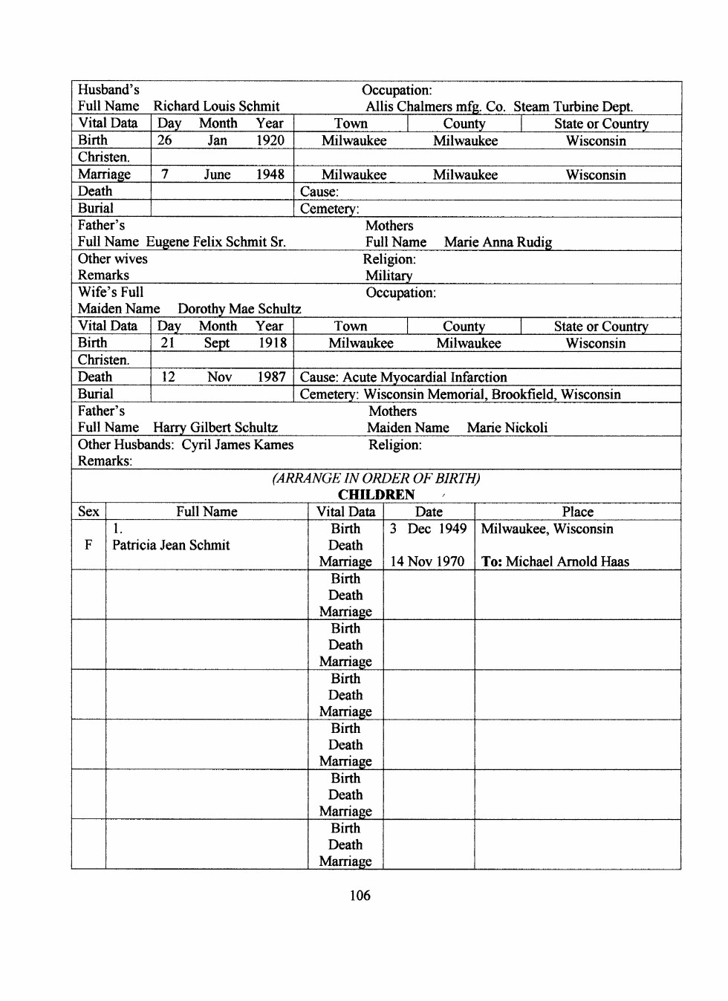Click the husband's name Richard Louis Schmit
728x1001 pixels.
click(x=216, y=106)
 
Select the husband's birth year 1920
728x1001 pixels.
click(x=270, y=140)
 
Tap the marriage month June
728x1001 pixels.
click(x=217, y=175)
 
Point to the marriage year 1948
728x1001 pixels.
click(x=270, y=175)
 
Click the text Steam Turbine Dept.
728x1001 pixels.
click(x=573, y=106)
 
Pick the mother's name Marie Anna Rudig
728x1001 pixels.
click(x=498, y=242)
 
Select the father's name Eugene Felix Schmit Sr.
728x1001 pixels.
click(x=215, y=242)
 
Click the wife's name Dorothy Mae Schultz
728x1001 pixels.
click(x=239, y=309)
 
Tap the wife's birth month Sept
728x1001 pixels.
click(x=217, y=343)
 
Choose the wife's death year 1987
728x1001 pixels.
click(x=271, y=377)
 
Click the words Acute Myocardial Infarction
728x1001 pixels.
click(x=425, y=377)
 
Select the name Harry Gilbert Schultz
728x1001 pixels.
click(x=215, y=428)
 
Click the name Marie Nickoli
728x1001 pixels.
click(x=507, y=428)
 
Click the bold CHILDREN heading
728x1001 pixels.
click(x=376, y=495)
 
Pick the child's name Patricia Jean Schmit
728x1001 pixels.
click(x=171, y=545)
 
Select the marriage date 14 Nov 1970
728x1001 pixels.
click(x=427, y=562)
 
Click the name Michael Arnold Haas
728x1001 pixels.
click(x=568, y=562)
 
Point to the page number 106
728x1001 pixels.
click(x=360, y=896)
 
